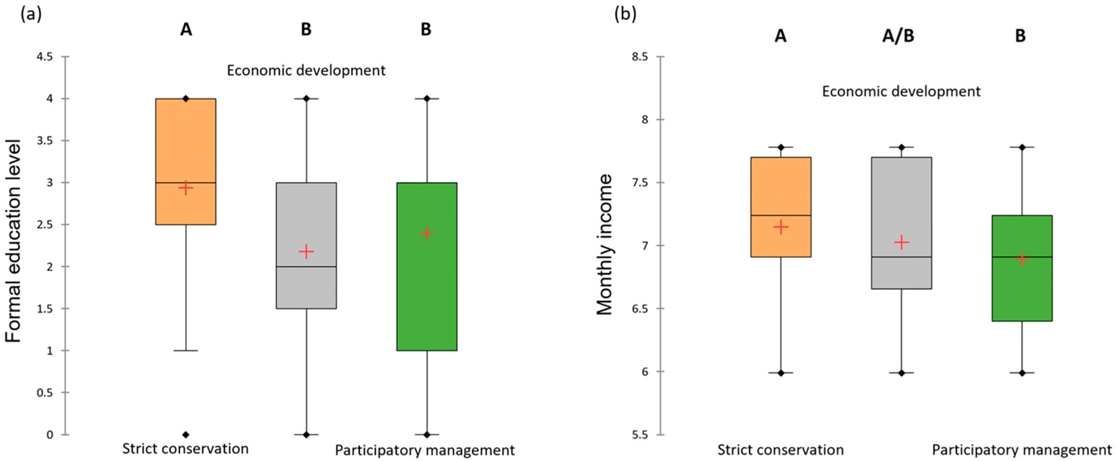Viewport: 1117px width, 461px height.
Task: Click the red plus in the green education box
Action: [427, 233]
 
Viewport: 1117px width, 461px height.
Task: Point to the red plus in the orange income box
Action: [781, 227]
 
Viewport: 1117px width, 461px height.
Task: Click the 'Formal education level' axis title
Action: [13, 241]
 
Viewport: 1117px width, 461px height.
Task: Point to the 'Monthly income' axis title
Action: [604, 244]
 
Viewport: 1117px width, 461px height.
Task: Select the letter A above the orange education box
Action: [186, 29]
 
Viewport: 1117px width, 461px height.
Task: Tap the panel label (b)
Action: [625, 15]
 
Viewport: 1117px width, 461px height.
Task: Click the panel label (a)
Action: [31, 15]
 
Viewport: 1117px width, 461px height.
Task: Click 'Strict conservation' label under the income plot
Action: [780, 449]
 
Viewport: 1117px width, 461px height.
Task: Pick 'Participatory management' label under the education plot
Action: [424, 450]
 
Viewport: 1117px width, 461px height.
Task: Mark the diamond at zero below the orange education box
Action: [186, 435]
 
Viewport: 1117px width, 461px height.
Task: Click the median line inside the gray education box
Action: [306, 267]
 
